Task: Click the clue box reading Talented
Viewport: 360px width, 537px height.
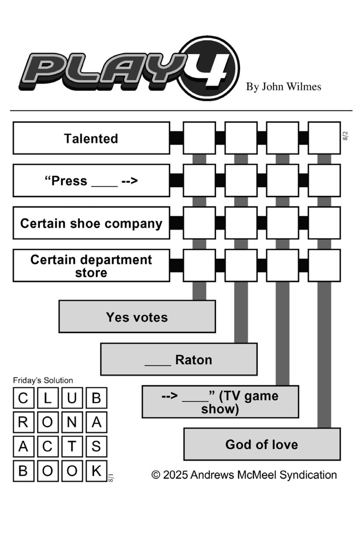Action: pos(91,138)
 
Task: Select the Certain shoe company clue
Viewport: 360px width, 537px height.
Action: pos(91,223)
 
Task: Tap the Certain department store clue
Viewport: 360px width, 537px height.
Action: pos(91,265)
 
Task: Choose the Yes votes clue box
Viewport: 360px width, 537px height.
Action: pos(137,317)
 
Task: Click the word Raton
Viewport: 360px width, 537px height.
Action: pos(193,360)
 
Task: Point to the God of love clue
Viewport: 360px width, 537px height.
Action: pos(262,444)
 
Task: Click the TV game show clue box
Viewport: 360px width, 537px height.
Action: pos(220,402)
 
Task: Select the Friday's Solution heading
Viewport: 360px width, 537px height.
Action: pos(43,380)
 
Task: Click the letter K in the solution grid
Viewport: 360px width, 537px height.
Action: pos(96,471)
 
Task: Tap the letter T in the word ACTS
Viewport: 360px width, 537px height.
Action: pos(72,446)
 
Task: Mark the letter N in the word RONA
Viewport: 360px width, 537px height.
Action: pos(72,422)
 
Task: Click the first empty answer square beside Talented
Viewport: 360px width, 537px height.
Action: pos(199,138)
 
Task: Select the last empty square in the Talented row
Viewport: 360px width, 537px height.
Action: pos(324,138)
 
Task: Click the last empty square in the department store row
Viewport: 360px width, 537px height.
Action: pos(324,265)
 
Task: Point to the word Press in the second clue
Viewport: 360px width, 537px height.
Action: pos(69,181)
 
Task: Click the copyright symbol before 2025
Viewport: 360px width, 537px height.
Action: pos(156,475)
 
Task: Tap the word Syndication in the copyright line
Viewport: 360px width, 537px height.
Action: pos(308,475)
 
